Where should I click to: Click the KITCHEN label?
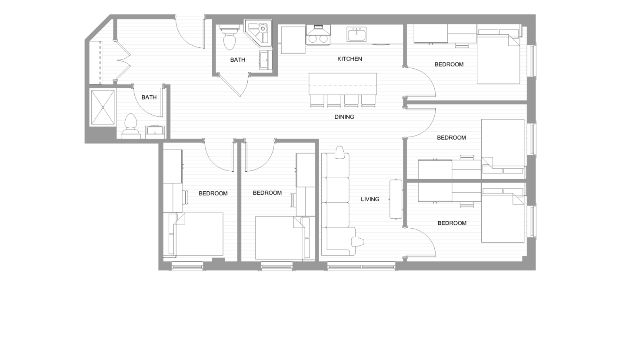click(x=350, y=59)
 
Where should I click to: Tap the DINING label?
click(x=344, y=117)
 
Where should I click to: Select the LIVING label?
click(x=370, y=199)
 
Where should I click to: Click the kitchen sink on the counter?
click(x=356, y=34)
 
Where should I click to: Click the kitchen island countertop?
click(x=343, y=83)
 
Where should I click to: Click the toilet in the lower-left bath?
click(x=130, y=124)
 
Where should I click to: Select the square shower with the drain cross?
click(x=103, y=107)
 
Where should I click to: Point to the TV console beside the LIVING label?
click(x=396, y=199)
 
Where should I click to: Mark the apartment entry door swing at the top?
click(x=190, y=33)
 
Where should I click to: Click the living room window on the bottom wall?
click(x=361, y=266)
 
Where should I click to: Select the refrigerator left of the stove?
click(x=293, y=40)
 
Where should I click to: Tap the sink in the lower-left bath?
click(x=155, y=130)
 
